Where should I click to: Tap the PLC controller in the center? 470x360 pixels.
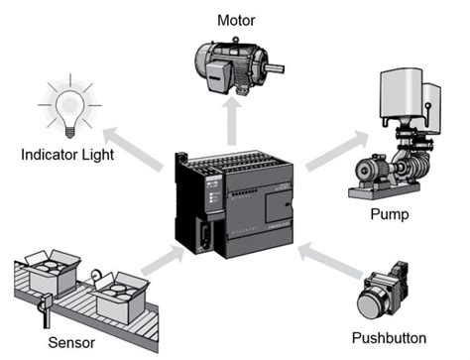232,204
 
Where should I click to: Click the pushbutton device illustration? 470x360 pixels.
386,295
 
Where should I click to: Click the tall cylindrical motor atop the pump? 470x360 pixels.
398,100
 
